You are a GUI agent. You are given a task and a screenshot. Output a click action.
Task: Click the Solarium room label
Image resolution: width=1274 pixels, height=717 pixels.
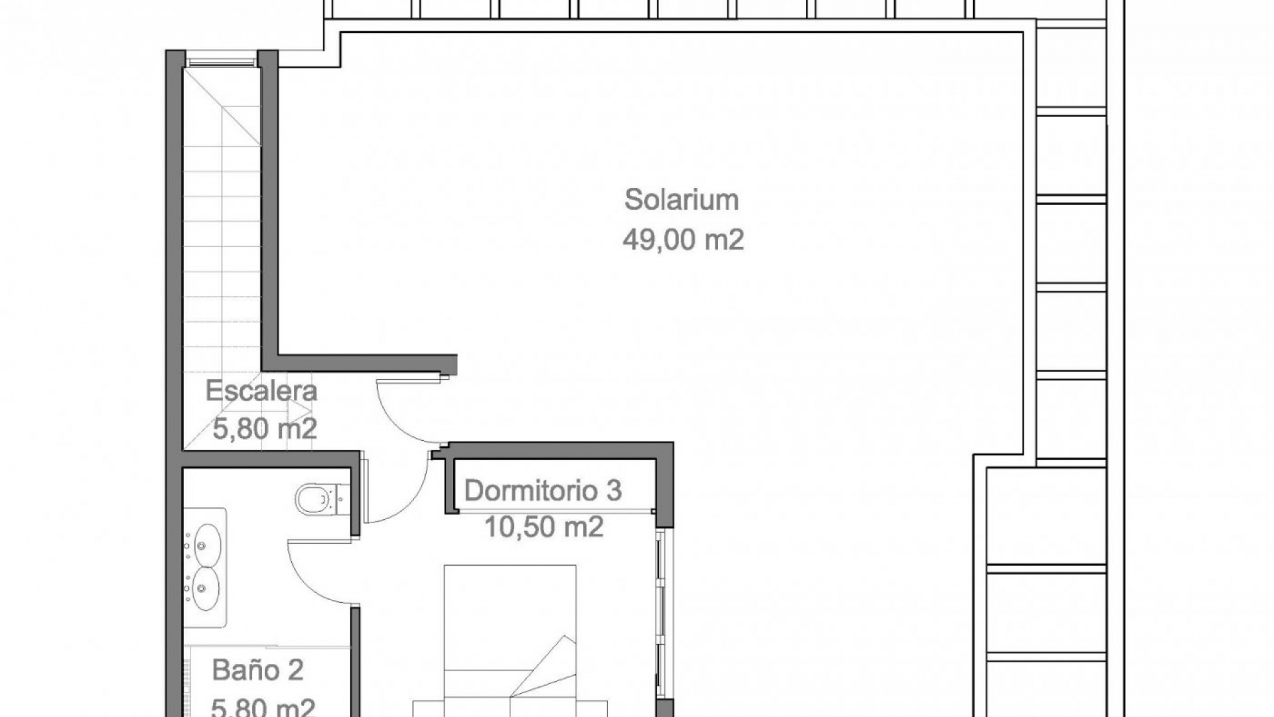681,200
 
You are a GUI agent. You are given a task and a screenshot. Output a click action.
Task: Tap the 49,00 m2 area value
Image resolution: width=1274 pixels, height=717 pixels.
683,239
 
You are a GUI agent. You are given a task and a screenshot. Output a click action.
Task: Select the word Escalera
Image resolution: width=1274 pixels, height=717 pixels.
261,390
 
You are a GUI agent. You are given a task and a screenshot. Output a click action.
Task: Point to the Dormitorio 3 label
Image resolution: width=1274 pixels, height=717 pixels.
543,491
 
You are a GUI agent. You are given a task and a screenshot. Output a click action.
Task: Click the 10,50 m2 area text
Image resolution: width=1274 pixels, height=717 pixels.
544,527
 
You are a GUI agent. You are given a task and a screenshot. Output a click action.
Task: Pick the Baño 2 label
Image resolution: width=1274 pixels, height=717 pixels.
258,670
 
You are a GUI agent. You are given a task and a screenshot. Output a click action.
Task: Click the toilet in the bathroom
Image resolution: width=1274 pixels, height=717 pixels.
318,499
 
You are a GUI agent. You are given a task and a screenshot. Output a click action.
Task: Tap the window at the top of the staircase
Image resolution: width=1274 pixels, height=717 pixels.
222,62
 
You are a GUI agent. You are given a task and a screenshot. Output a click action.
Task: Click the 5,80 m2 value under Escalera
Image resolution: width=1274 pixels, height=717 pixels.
265,429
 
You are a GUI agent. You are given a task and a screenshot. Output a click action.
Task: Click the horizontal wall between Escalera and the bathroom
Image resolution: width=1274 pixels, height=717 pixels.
271,459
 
